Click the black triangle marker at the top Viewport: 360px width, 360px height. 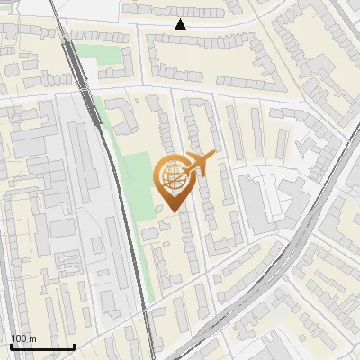coord(180,24)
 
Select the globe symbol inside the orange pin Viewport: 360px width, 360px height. coord(172,177)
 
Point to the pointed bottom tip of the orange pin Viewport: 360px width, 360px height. coord(172,212)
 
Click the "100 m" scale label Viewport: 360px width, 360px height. coord(22,337)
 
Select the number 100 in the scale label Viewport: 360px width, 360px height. coord(19,337)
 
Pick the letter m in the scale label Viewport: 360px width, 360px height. coord(31,337)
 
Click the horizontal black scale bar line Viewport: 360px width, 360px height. coord(41,346)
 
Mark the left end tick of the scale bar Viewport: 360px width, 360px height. coord(10,345)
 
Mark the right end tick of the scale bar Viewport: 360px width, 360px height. coord(73,345)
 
